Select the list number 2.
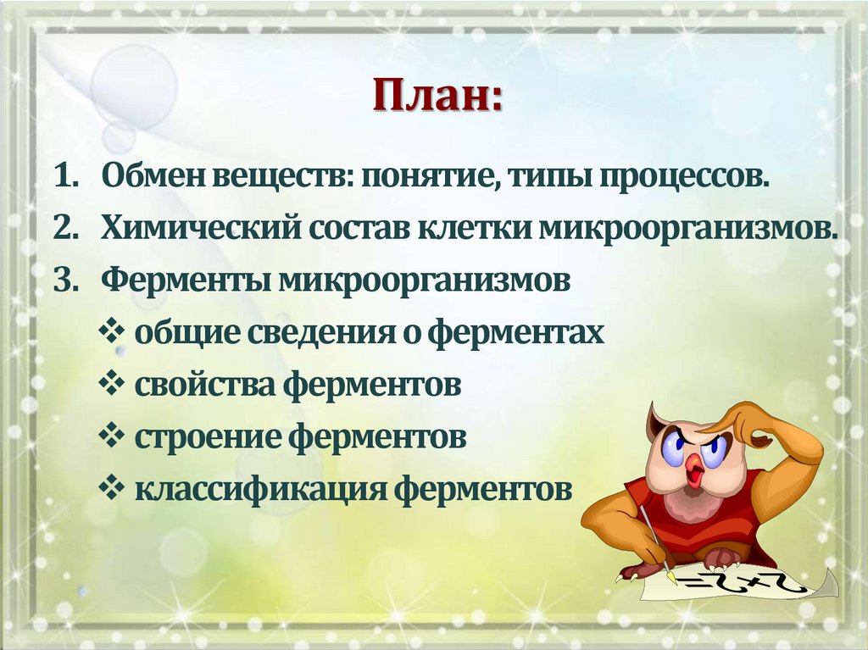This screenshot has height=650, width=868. tap(65, 230)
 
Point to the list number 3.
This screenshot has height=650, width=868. tap(65, 281)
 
